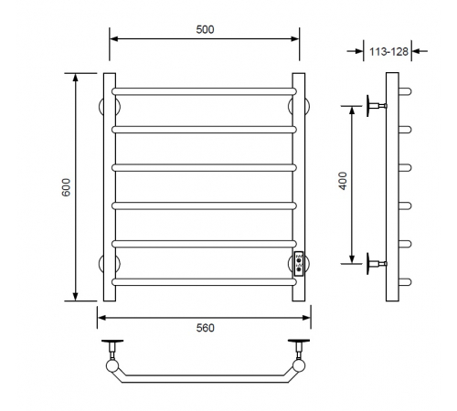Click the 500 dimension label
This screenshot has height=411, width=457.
tap(205, 29)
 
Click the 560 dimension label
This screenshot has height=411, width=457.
tap(206, 328)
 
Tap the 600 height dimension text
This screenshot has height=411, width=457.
tap(66, 187)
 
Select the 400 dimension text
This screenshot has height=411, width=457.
tap(343, 181)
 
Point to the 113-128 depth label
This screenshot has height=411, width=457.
tap(388, 52)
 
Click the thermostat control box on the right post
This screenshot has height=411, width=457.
tap(299, 264)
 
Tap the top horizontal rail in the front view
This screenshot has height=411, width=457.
tap(204, 91)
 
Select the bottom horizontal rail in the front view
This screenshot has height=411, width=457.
tap(204, 282)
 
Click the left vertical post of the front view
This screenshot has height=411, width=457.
tap(110, 187)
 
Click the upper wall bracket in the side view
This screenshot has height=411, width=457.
tap(377, 106)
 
